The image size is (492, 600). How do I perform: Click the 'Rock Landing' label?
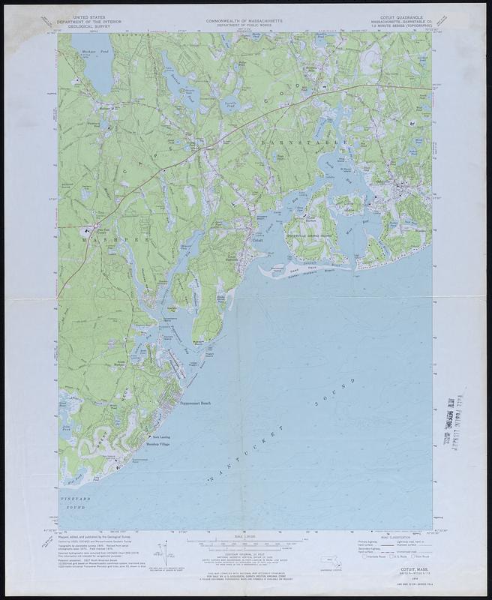tap(161, 436)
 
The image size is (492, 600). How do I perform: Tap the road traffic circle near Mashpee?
tap(96, 224)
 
